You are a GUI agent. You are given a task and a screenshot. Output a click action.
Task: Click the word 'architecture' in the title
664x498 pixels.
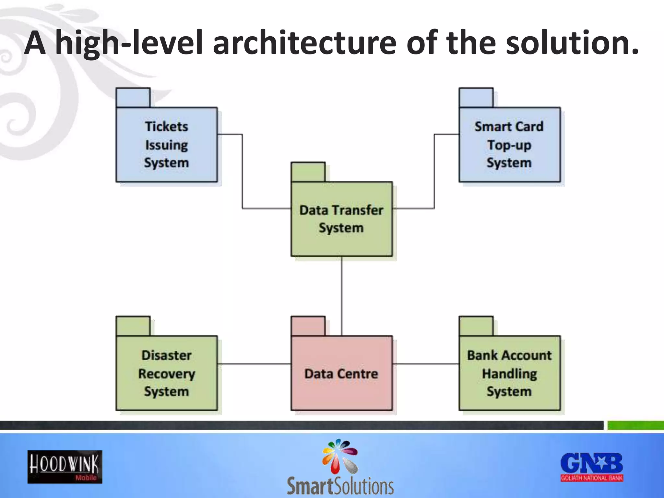click(x=304, y=43)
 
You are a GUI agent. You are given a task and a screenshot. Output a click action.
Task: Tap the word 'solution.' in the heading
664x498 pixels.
click(x=572, y=43)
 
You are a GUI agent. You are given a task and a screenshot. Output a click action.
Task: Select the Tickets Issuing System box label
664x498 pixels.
click(x=166, y=145)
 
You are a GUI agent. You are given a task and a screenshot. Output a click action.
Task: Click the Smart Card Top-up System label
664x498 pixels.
click(x=509, y=145)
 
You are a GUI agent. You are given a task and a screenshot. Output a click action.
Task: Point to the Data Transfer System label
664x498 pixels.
click(x=341, y=219)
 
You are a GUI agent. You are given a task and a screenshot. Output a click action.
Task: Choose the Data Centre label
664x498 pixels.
click(x=341, y=374)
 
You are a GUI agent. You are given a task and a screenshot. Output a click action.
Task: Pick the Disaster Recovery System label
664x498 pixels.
click(x=166, y=373)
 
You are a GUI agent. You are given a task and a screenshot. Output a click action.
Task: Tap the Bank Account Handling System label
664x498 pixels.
click(x=509, y=373)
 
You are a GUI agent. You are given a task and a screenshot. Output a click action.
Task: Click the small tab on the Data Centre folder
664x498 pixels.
click(x=308, y=326)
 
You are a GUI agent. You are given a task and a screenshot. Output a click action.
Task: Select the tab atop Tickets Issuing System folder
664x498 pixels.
click(x=133, y=98)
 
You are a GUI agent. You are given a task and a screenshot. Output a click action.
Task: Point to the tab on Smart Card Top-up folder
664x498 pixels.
click(x=476, y=98)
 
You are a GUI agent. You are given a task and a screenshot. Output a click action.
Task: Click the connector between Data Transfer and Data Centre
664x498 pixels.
click(x=342, y=295)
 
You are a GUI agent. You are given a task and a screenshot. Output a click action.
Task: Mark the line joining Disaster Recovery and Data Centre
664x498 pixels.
click(x=254, y=364)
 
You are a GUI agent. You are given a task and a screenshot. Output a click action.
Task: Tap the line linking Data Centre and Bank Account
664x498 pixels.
click(x=426, y=364)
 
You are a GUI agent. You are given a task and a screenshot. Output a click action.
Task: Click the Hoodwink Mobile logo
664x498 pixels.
click(x=65, y=467)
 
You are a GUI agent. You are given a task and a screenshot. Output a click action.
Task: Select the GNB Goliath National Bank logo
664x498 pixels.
click(x=592, y=467)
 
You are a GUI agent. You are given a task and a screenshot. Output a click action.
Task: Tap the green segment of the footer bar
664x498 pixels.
click(x=635, y=425)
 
